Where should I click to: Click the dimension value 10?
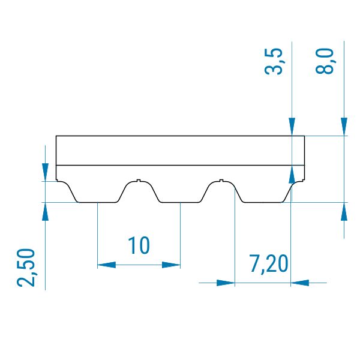(139, 245)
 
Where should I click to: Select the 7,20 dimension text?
(269, 264)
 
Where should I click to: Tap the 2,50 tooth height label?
(26, 268)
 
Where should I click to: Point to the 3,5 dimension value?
(273, 61)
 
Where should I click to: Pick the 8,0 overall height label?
(324, 61)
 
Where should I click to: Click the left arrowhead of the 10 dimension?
(107, 265)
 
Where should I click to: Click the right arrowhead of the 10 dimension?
(171, 265)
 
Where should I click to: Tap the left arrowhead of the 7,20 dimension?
(226, 283)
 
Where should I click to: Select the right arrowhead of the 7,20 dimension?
(299, 283)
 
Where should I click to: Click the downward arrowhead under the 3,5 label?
(292, 127)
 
